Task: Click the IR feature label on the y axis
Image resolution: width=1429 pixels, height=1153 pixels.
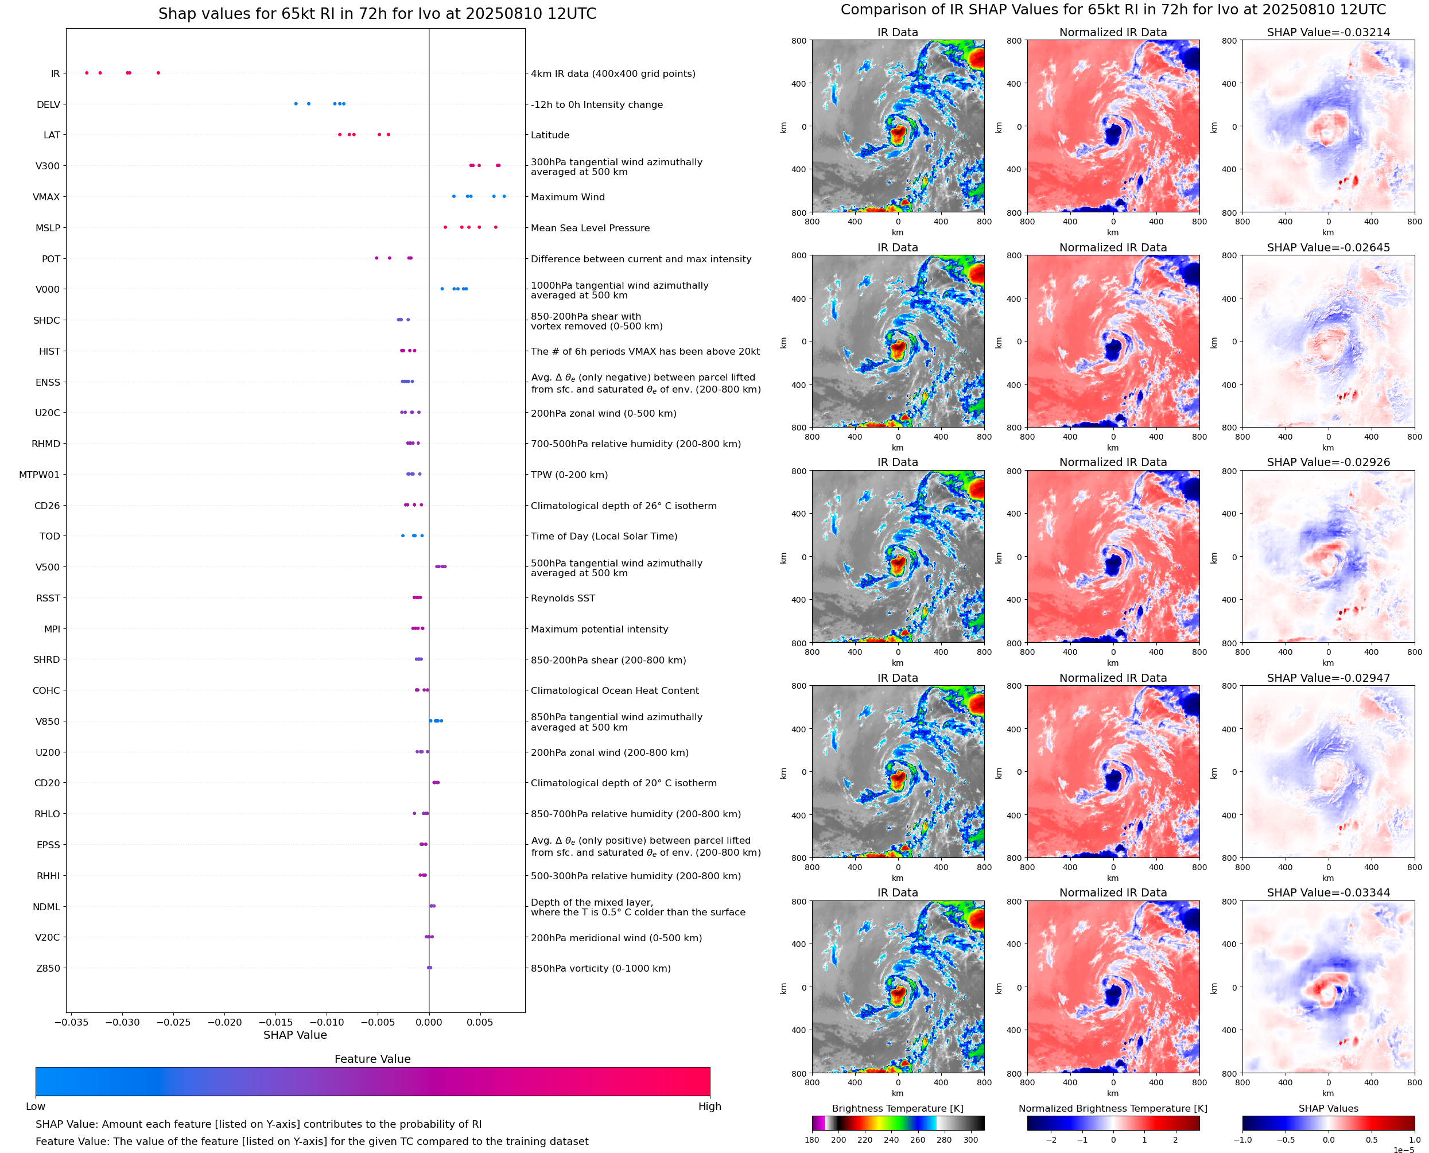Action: tap(55, 73)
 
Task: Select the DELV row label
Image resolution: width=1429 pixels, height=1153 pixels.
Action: tap(48, 104)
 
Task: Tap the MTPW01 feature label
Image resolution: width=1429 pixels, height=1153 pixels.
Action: tap(39, 475)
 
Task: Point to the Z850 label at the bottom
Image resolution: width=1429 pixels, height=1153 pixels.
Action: tap(48, 968)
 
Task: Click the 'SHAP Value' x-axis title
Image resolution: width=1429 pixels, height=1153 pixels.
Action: tap(295, 1035)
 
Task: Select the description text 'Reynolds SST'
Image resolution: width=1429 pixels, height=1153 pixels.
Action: tap(562, 599)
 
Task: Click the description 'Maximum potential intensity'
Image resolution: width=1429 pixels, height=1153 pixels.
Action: tap(599, 629)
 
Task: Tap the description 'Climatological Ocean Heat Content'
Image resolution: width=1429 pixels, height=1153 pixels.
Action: tap(614, 691)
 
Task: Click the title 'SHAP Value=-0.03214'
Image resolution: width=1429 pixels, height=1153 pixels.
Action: tap(1328, 32)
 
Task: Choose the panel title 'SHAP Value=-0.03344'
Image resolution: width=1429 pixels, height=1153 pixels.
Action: tap(1328, 892)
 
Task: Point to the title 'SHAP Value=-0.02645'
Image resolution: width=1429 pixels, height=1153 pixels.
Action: tap(1328, 247)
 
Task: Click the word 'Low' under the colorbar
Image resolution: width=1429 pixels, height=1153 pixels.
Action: tap(35, 1107)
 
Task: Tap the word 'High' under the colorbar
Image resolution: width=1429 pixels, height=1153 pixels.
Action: tap(709, 1107)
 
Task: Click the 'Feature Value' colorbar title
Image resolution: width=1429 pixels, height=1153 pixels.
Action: tap(372, 1059)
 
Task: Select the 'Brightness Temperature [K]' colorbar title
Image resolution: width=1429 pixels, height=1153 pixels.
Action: tap(897, 1108)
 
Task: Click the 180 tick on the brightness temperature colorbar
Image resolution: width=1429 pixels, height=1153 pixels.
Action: tap(812, 1140)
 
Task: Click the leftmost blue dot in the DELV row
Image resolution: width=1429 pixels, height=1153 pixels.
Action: tap(296, 104)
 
